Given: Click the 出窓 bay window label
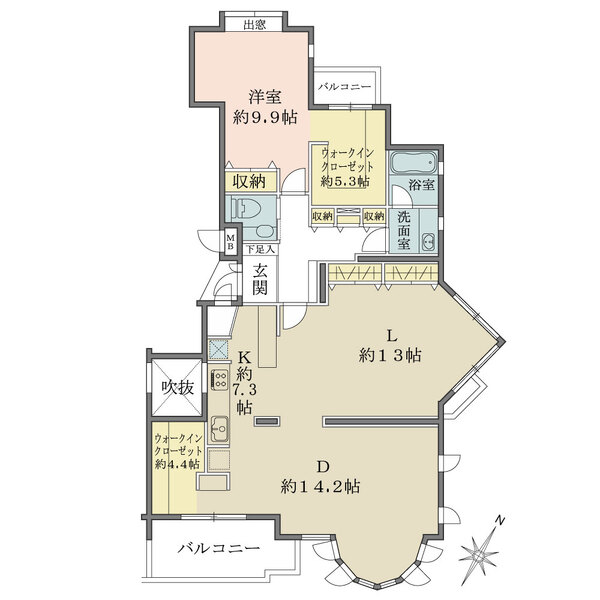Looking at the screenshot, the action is click(x=254, y=25).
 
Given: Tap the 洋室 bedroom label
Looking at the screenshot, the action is click(x=265, y=96).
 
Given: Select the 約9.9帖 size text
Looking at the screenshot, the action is click(x=265, y=117).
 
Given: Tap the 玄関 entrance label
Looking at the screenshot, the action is click(x=259, y=279).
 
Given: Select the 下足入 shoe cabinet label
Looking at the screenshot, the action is click(x=260, y=250).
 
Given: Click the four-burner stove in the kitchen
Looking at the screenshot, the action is click(x=219, y=380).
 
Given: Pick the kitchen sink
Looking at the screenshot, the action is click(x=219, y=429).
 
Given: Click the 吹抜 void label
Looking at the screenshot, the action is click(x=177, y=388).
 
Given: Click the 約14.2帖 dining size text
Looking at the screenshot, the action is click(x=320, y=486).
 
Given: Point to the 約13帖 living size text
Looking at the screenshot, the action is click(x=390, y=355).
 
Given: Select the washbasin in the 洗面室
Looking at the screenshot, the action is click(x=428, y=242).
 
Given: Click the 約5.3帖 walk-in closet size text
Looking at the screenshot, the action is click(x=345, y=181).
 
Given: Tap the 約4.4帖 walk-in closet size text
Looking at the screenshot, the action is click(x=177, y=464).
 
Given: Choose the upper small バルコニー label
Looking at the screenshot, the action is click(x=345, y=87).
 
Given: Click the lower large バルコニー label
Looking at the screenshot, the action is click(x=219, y=549).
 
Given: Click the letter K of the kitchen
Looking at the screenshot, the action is click(x=245, y=357).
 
